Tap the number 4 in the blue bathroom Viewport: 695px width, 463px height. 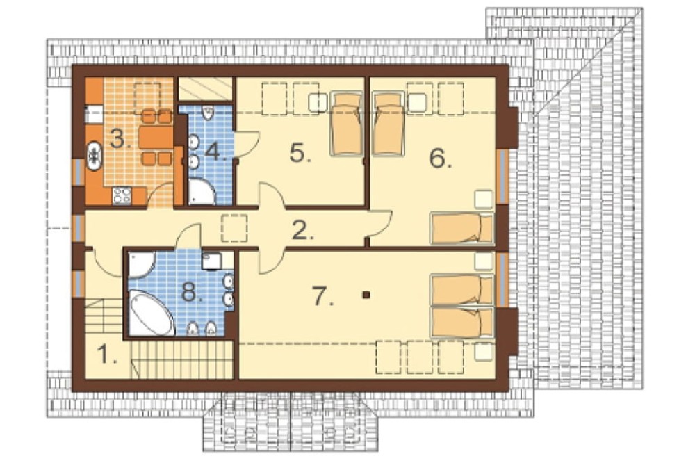pos(216,152)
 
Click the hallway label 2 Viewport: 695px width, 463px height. pos(303,229)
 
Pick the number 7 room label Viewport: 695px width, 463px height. pos(323,296)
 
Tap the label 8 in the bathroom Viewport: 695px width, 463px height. pos(193,293)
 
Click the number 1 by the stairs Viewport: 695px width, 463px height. pos(107,355)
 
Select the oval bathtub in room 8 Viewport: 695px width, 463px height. pos(151,312)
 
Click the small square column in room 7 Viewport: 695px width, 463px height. pos(366,294)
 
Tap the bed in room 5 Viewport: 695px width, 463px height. pos(346,124)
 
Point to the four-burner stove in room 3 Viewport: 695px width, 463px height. pos(122,195)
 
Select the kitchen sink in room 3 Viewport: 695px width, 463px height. pos(94,155)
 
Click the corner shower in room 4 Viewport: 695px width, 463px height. pos(202,192)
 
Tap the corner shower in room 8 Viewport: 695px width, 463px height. pos(141,265)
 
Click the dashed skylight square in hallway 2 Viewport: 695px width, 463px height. pos(234,228)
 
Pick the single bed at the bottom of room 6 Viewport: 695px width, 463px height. pos(462,228)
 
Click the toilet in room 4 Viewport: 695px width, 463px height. pos(207,113)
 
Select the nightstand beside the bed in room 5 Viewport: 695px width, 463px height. pos(318,102)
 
